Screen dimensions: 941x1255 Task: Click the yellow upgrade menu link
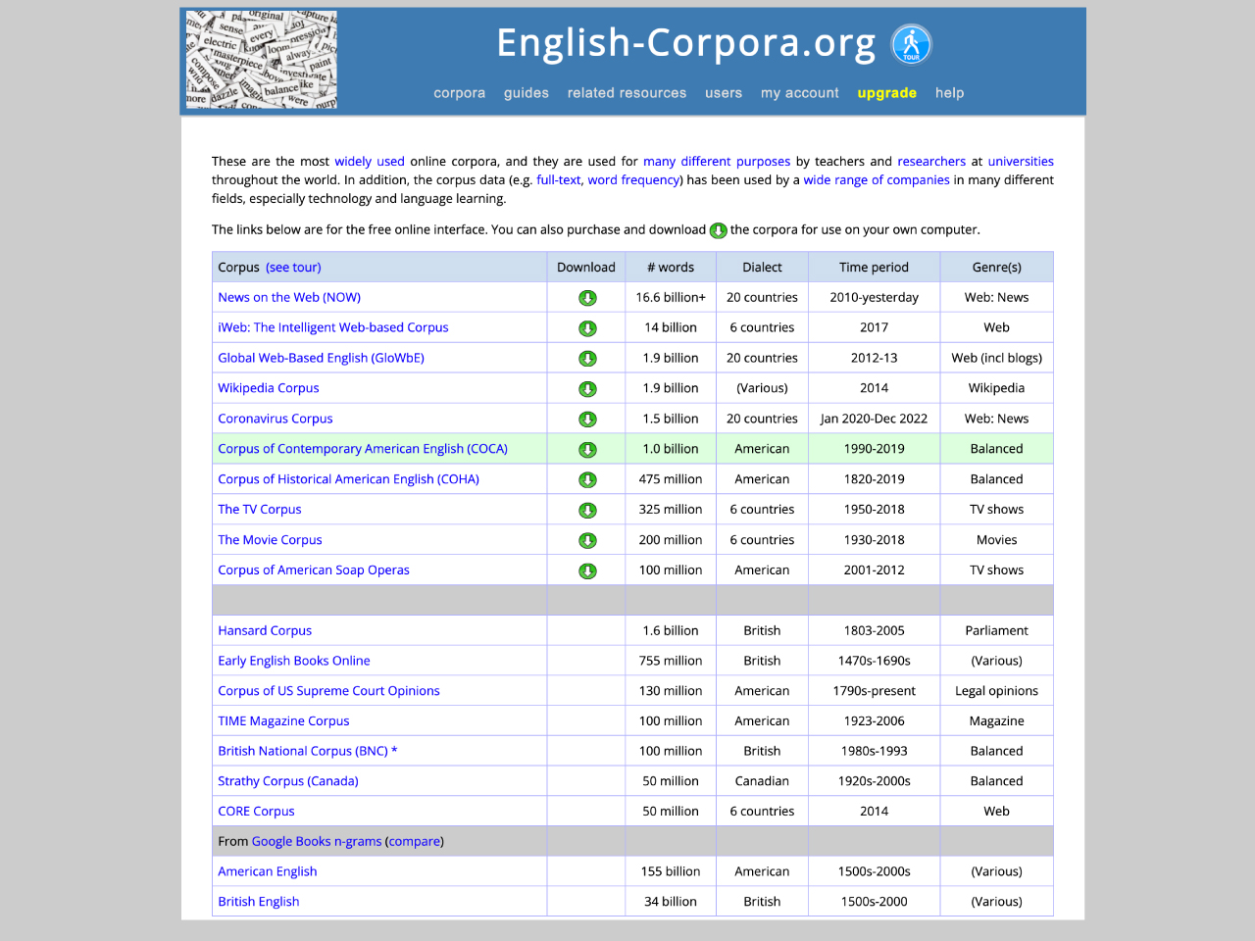point(886,93)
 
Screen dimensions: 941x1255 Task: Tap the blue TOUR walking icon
point(911,44)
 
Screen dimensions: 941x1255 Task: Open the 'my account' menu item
point(799,93)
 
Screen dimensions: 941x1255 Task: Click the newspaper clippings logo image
point(262,60)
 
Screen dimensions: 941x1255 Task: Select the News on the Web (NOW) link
point(289,297)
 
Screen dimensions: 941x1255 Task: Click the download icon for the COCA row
point(587,450)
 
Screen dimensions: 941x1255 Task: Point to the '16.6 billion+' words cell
point(671,297)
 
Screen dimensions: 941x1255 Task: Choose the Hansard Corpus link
point(265,630)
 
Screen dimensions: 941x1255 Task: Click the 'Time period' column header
point(874,267)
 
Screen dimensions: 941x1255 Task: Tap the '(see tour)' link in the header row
point(293,267)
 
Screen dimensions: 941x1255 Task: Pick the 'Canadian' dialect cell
point(762,781)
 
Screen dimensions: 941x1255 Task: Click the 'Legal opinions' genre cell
point(996,690)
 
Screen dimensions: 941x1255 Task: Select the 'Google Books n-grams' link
point(317,841)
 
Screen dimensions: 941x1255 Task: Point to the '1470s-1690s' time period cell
point(874,661)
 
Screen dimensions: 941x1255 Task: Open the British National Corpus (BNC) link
point(303,751)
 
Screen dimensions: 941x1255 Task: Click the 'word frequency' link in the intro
point(633,180)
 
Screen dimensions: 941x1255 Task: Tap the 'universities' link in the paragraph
point(1021,162)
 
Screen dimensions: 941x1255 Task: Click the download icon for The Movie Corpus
point(587,541)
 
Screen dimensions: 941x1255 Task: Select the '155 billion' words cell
point(671,871)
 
